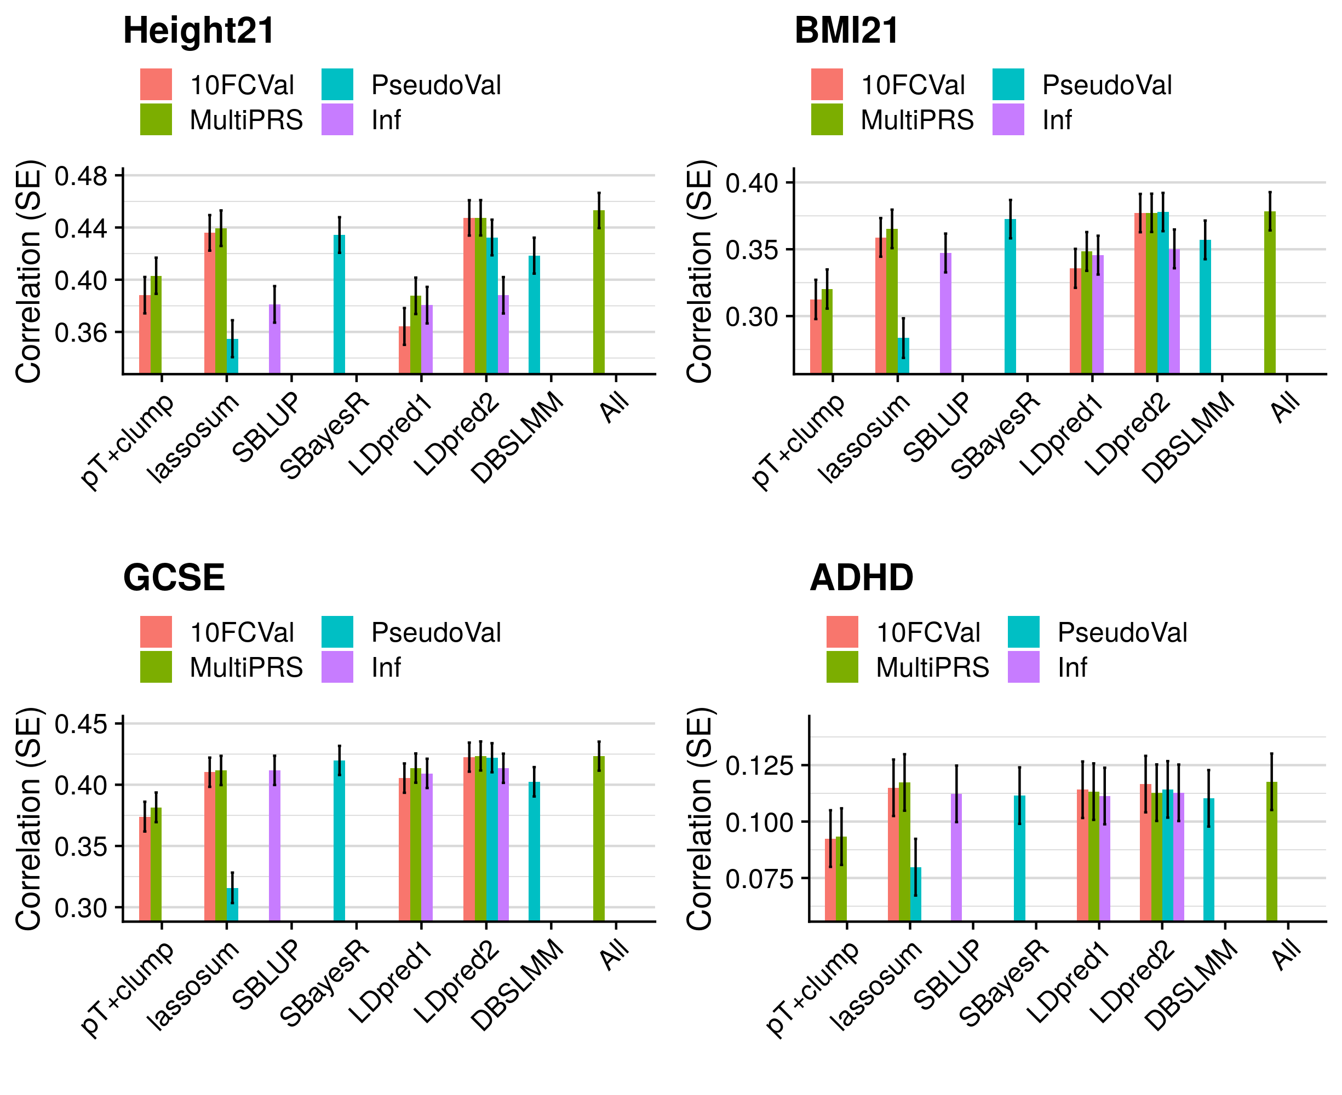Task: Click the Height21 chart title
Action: pyautogui.click(x=199, y=30)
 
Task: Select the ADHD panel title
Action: pyautogui.click(x=861, y=577)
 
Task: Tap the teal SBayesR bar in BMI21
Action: pyautogui.click(x=1010, y=296)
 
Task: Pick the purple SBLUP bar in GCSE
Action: pyautogui.click(x=274, y=845)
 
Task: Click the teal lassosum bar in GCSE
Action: pyautogui.click(x=232, y=904)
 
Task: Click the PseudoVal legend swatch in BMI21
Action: pyautogui.click(x=1008, y=84)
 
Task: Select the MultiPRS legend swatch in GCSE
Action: pyautogui.click(x=156, y=667)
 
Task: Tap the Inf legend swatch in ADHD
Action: pyautogui.click(x=1023, y=667)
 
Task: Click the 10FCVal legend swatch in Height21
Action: pyautogui.click(x=156, y=84)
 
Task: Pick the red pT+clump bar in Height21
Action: pyautogui.click(x=145, y=335)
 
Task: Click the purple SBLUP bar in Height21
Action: pyautogui.click(x=274, y=339)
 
